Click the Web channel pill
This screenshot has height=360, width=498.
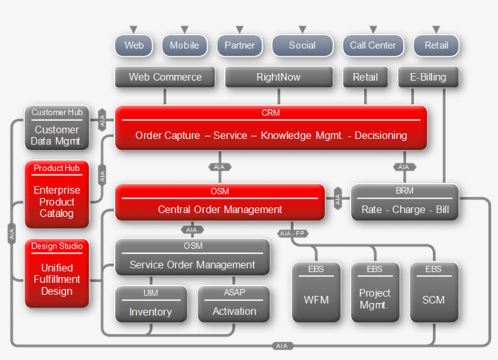134,46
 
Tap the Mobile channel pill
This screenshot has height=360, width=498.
184,46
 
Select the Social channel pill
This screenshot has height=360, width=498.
302,46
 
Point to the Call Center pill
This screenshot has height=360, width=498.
373,46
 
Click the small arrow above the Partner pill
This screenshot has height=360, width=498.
239,29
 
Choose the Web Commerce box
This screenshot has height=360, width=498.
165,77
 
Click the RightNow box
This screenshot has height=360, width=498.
278,77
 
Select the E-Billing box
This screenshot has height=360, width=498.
428,77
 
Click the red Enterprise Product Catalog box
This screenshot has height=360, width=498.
57,195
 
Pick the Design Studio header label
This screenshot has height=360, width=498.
57,246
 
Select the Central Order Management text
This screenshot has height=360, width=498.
220,209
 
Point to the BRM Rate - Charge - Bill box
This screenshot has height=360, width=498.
404,203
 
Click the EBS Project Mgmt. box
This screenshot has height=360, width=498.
375,293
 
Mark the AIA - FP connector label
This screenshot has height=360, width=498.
292,233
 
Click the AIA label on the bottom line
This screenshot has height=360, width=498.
282,345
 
